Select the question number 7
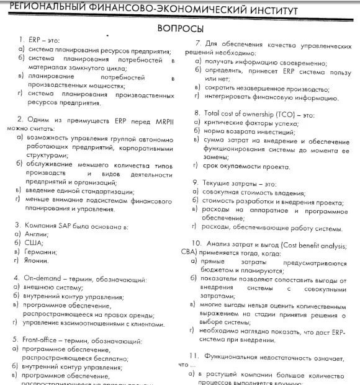pyautogui.click(x=197, y=44)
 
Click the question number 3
pyautogui.click(x=18, y=225)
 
